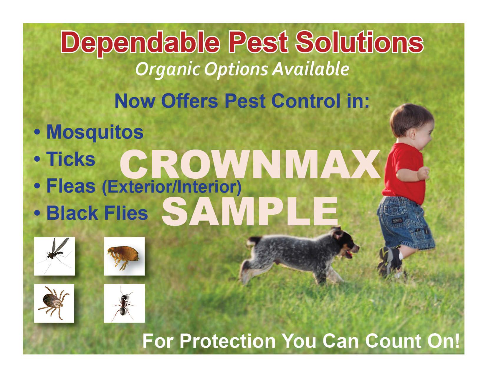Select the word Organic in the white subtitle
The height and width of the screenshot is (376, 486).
[x=168, y=69]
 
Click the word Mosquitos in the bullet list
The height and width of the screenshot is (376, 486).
[x=95, y=133]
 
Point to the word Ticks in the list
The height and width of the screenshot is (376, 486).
[x=71, y=159]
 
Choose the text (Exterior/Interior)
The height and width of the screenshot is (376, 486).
[x=171, y=187]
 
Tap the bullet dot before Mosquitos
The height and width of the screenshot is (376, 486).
[x=37, y=132]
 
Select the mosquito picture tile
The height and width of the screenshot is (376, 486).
[x=54, y=256]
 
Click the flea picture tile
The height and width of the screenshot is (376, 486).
[x=124, y=256]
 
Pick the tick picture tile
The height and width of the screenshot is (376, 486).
[x=54, y=303]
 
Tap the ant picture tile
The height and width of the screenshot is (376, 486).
[x=124, y=303]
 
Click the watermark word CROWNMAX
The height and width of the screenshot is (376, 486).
[x=250, y=165]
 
